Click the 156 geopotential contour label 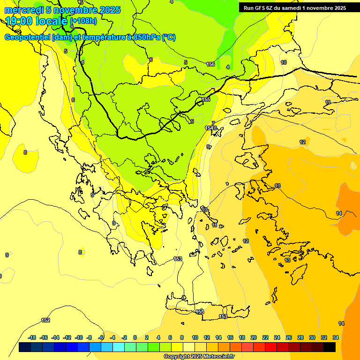211,64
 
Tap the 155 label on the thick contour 206,100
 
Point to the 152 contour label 45,320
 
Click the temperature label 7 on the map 213,123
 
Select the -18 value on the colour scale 32,337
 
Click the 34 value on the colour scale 336,337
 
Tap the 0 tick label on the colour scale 135,337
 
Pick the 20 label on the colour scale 254,337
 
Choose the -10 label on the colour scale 79,337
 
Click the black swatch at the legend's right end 330,347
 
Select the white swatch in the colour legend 189,347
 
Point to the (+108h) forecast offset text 83,21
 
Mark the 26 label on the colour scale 289,337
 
